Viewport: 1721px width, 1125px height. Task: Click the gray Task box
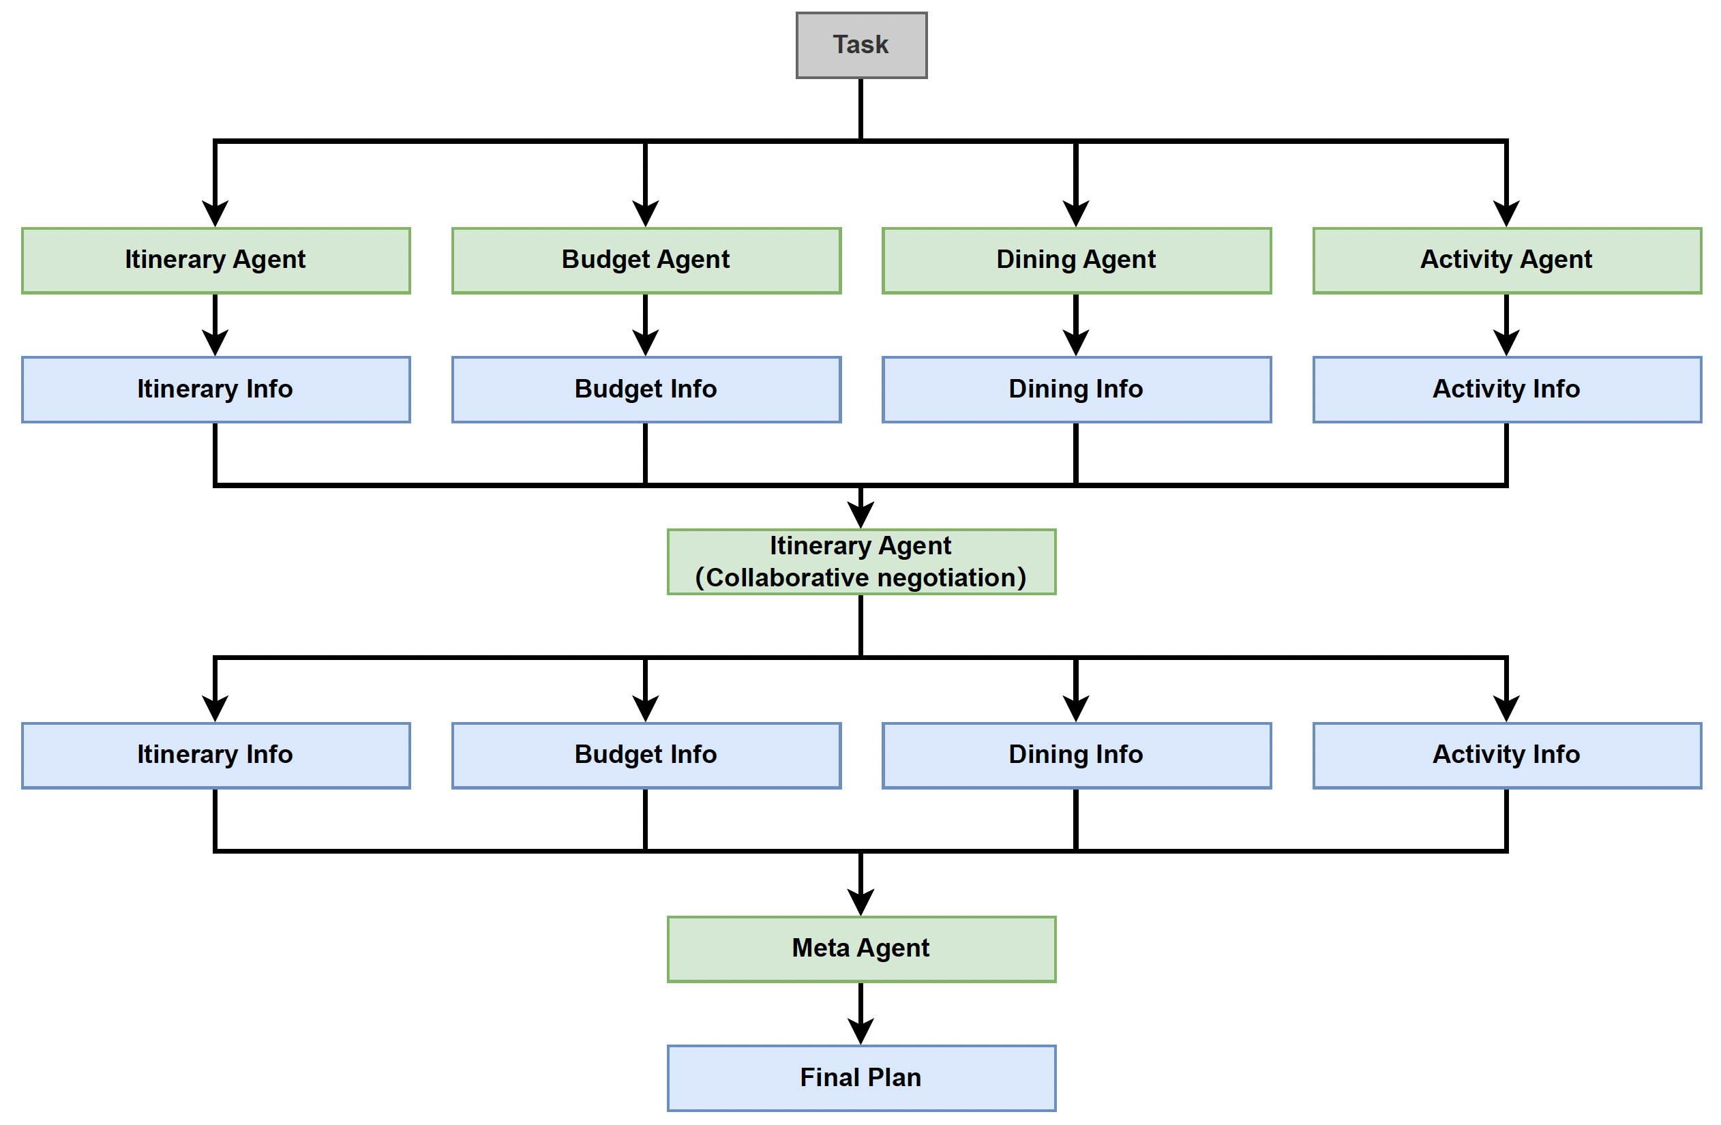point(861,45)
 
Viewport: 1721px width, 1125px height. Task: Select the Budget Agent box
point(646,260)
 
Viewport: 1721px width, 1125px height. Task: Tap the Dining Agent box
point(1076,260)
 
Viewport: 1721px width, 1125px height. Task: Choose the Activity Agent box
point(1506,260)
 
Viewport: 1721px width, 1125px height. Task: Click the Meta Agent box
point(861,948)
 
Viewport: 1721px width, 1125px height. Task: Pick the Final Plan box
point(861,1077)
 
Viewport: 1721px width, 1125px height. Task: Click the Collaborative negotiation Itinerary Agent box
point(861,562)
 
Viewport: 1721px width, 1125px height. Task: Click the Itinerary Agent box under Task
point(215,260)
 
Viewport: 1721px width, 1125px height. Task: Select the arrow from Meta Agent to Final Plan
point(861,1012)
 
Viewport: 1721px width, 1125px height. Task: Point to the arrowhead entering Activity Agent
point(1506,215)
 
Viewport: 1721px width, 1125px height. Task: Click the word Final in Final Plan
point(829,1077)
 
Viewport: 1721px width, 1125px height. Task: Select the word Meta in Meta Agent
point(820,948)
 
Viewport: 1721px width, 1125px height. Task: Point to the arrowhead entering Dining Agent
point(1076,215)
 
